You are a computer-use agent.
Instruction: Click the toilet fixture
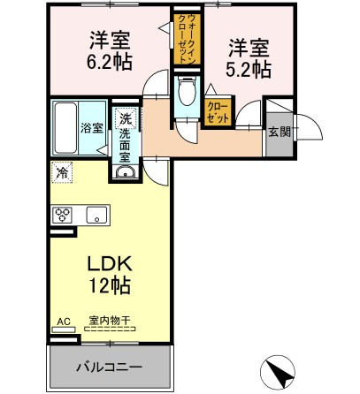(187, 91)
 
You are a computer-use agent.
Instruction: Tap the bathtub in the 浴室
(65, 128)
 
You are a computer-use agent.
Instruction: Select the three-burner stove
(63, 215)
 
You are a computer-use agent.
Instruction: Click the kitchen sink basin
(96, 215)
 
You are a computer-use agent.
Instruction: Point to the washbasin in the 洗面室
(126, 172)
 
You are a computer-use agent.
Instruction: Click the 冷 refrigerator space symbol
(62, 172)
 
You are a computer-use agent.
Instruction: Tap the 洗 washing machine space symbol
(126, 118)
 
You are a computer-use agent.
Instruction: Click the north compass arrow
(278, 372)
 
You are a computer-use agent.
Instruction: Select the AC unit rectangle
(64, 330)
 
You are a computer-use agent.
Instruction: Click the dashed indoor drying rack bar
(110, 329)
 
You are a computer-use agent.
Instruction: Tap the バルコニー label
(110, 367)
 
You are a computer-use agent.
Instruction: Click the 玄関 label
(280, 132)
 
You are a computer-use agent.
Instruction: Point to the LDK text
(110, 264)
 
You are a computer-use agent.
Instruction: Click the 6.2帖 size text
(109, 62)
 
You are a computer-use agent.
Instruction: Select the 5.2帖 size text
(249, 70)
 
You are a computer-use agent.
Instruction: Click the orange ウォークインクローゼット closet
(187, 39)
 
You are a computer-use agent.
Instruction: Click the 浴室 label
(92, 128)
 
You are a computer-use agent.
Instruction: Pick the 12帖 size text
(110, 285)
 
